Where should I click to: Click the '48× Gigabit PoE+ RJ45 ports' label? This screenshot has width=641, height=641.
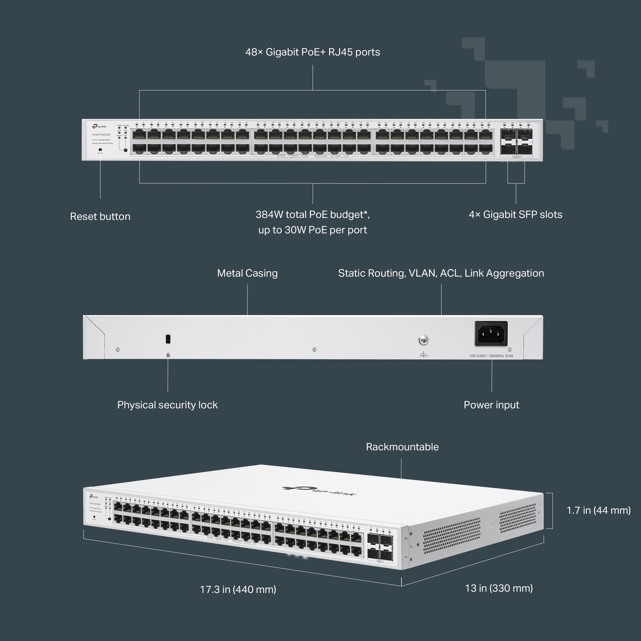tap(312, 52)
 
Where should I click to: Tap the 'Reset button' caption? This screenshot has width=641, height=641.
tap(100, 216)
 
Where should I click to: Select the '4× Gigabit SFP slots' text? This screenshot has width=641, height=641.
tap(515, 214)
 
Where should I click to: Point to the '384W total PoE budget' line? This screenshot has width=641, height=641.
tap(312, 214)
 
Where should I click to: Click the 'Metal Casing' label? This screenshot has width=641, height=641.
tap(247, 273)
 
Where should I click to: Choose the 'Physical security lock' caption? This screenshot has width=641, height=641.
tap(167, 405)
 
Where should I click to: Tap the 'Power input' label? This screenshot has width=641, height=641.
tap(491, 405)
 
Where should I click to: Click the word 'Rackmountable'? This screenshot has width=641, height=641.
tap(402, 446)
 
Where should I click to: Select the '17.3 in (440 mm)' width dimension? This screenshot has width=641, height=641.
tap(238, 589)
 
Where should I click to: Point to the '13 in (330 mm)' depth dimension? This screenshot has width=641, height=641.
tap(499, 588)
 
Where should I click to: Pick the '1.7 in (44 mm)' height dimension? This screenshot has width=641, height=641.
tap(598, 510)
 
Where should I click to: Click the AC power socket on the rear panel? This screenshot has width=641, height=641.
tap(491, 333)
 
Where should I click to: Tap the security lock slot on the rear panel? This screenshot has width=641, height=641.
tap(168, 339)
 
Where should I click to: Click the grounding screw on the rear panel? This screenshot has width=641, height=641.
tap(423, 340)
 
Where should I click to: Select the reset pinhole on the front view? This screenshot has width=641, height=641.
tap(100, 150)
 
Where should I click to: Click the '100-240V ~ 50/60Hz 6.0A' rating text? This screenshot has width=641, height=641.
tap(491, 356)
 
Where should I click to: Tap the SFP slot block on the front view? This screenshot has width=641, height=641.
tap(516, 142)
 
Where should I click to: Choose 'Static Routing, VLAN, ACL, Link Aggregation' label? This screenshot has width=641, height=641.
tap(441, 273)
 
